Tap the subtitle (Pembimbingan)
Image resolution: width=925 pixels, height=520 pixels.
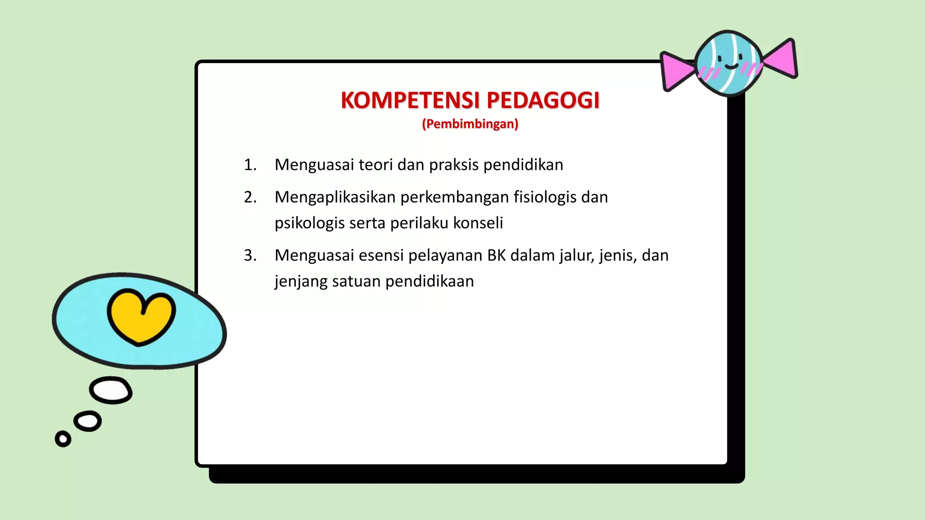coord(470,124)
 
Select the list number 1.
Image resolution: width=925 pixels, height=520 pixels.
coord(250,165)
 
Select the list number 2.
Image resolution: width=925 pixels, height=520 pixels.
coord(250,197)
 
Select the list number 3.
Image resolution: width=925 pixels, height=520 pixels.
coord(250,255)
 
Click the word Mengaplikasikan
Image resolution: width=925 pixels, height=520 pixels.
coord(335,197)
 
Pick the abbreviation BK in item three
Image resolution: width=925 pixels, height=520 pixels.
coord(496,255)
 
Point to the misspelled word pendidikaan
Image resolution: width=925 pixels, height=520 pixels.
coord(430,281)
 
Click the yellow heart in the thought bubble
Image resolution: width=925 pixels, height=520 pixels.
coord(141,316)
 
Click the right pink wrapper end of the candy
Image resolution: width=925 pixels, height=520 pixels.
coord(781,59)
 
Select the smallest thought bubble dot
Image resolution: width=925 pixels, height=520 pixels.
coord(63,438)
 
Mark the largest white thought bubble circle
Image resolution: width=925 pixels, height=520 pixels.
coord(111,390)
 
